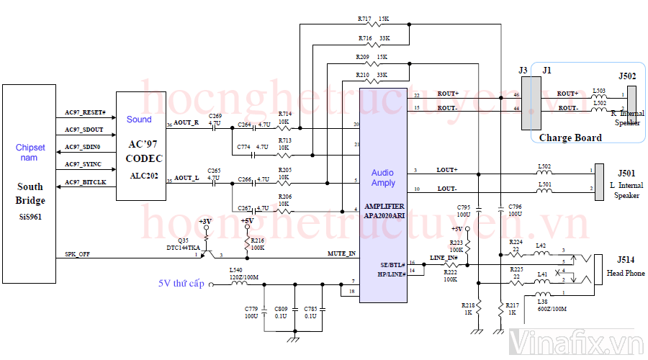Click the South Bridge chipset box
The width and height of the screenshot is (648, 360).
click(30, 184)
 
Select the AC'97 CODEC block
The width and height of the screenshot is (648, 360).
click(141, 146)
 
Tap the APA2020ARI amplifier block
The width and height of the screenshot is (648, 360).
click(383, 194)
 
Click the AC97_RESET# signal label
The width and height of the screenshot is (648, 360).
click(86, 113)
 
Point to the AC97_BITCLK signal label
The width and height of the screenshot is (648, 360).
click(86, 182)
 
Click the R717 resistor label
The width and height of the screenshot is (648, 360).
click(364, 19)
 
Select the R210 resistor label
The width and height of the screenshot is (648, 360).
click(362, 75)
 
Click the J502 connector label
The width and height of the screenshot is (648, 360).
click(627, 76)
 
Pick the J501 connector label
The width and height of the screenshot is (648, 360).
click(626, 173)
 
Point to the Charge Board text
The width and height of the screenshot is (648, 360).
click(571, 137)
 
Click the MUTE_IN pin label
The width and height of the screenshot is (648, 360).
click(342, 253)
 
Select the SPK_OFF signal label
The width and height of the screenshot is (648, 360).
click(78, 254)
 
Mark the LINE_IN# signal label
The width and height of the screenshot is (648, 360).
click(444, 258)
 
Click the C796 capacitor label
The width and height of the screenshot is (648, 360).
click(515, 207)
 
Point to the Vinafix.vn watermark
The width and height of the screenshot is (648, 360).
click(576, 344)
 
